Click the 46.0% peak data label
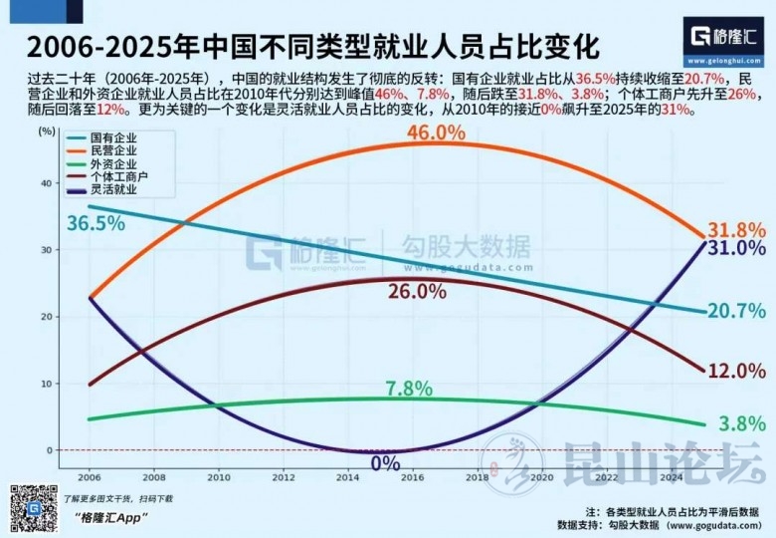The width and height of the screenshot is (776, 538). tap(434, 132)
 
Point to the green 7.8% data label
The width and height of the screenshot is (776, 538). tap(407, 388)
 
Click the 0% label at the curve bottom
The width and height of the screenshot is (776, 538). tap(385, 463)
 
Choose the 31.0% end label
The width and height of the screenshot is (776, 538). tap(736, 248)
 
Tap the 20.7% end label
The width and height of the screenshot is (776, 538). tap(736, 311)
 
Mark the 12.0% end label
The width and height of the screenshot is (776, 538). tap(736, 371)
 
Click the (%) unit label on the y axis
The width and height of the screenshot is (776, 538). tap(46, 131)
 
